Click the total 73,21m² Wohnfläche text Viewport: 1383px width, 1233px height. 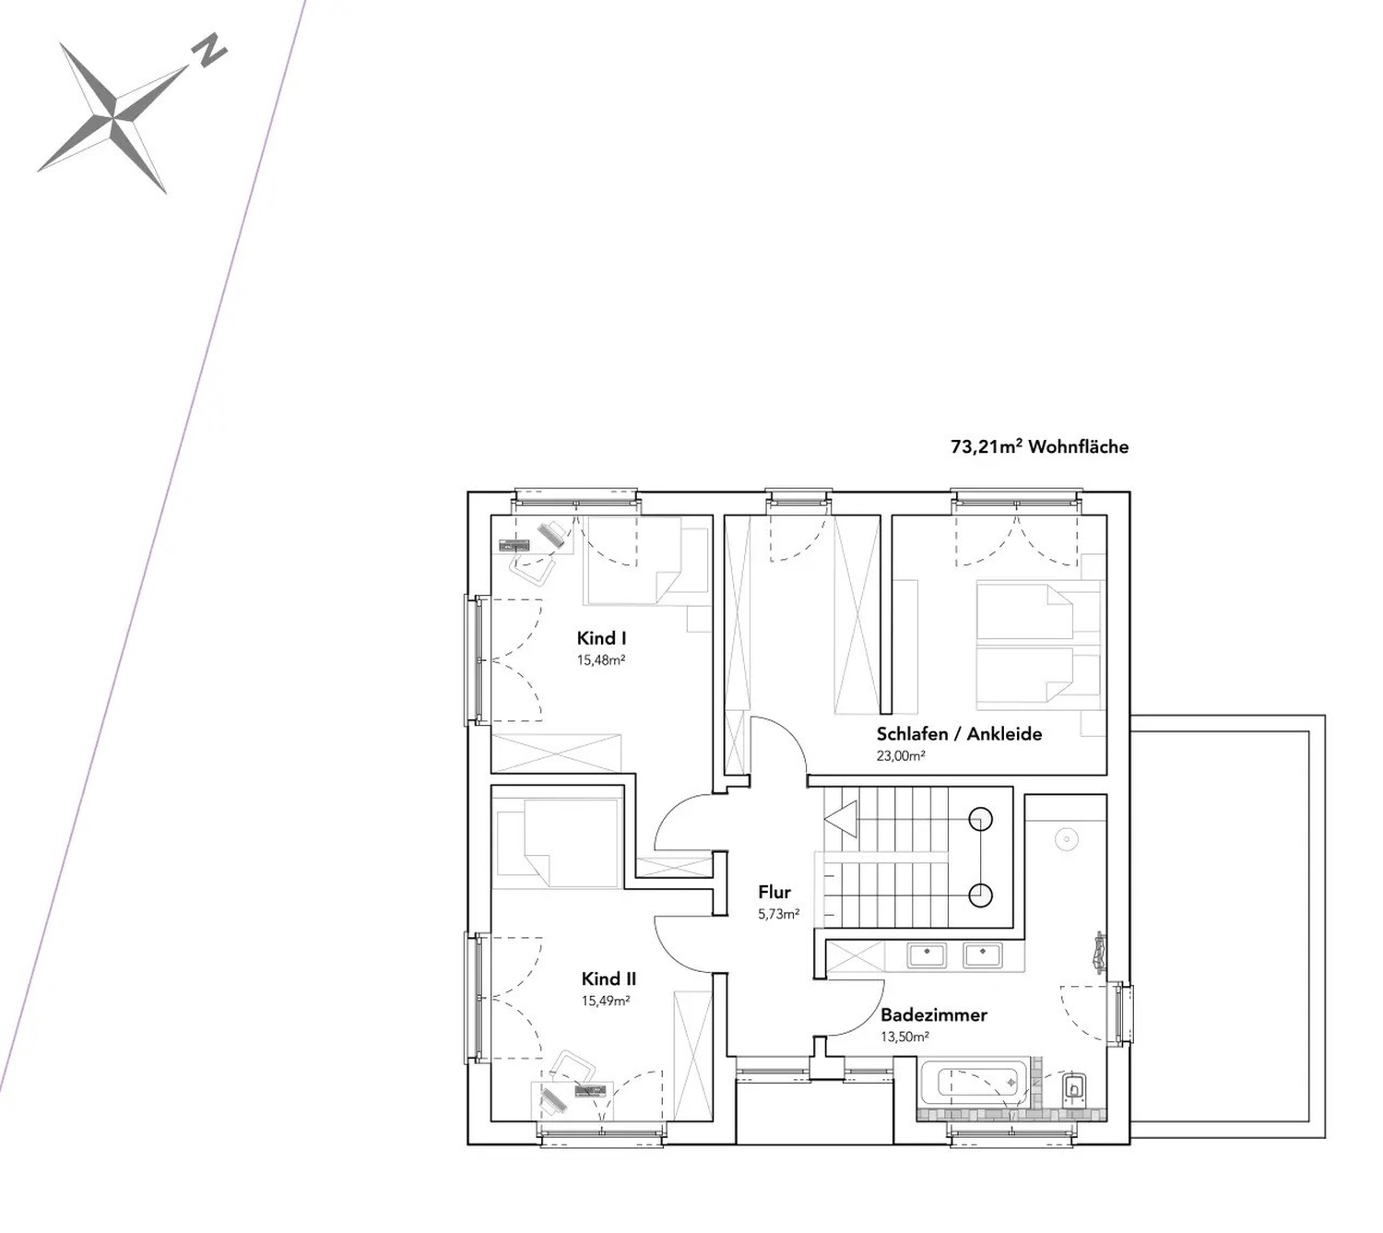pyautogui.click(x=1039, y=446)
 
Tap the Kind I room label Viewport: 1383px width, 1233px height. pyautogui.click(x=601, y=638)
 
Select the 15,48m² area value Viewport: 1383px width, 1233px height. pyautogui.click(x=601, y=660)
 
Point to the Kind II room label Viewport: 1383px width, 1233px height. pyautogui.click(x=609, y=978)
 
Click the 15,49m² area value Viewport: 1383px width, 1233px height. pyautogui.click(x=606, y=1001)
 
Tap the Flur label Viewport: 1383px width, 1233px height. pyautogui.click(x=774, y=892)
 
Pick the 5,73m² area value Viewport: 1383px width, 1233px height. pyautogui.click(x=778, y=914)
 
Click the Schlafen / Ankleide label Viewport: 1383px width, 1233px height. pyautogui.click(x=959, y=734)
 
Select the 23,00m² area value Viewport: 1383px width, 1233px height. pyautogui.click(x=901, y=756)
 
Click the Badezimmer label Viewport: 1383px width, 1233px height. pyautogui.click(x=934, y=1015)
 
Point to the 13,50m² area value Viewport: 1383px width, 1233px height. pyautogui.click(x=904, y=1037)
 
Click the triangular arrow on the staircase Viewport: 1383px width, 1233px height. pyautogui.click(x=840, y=819)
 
